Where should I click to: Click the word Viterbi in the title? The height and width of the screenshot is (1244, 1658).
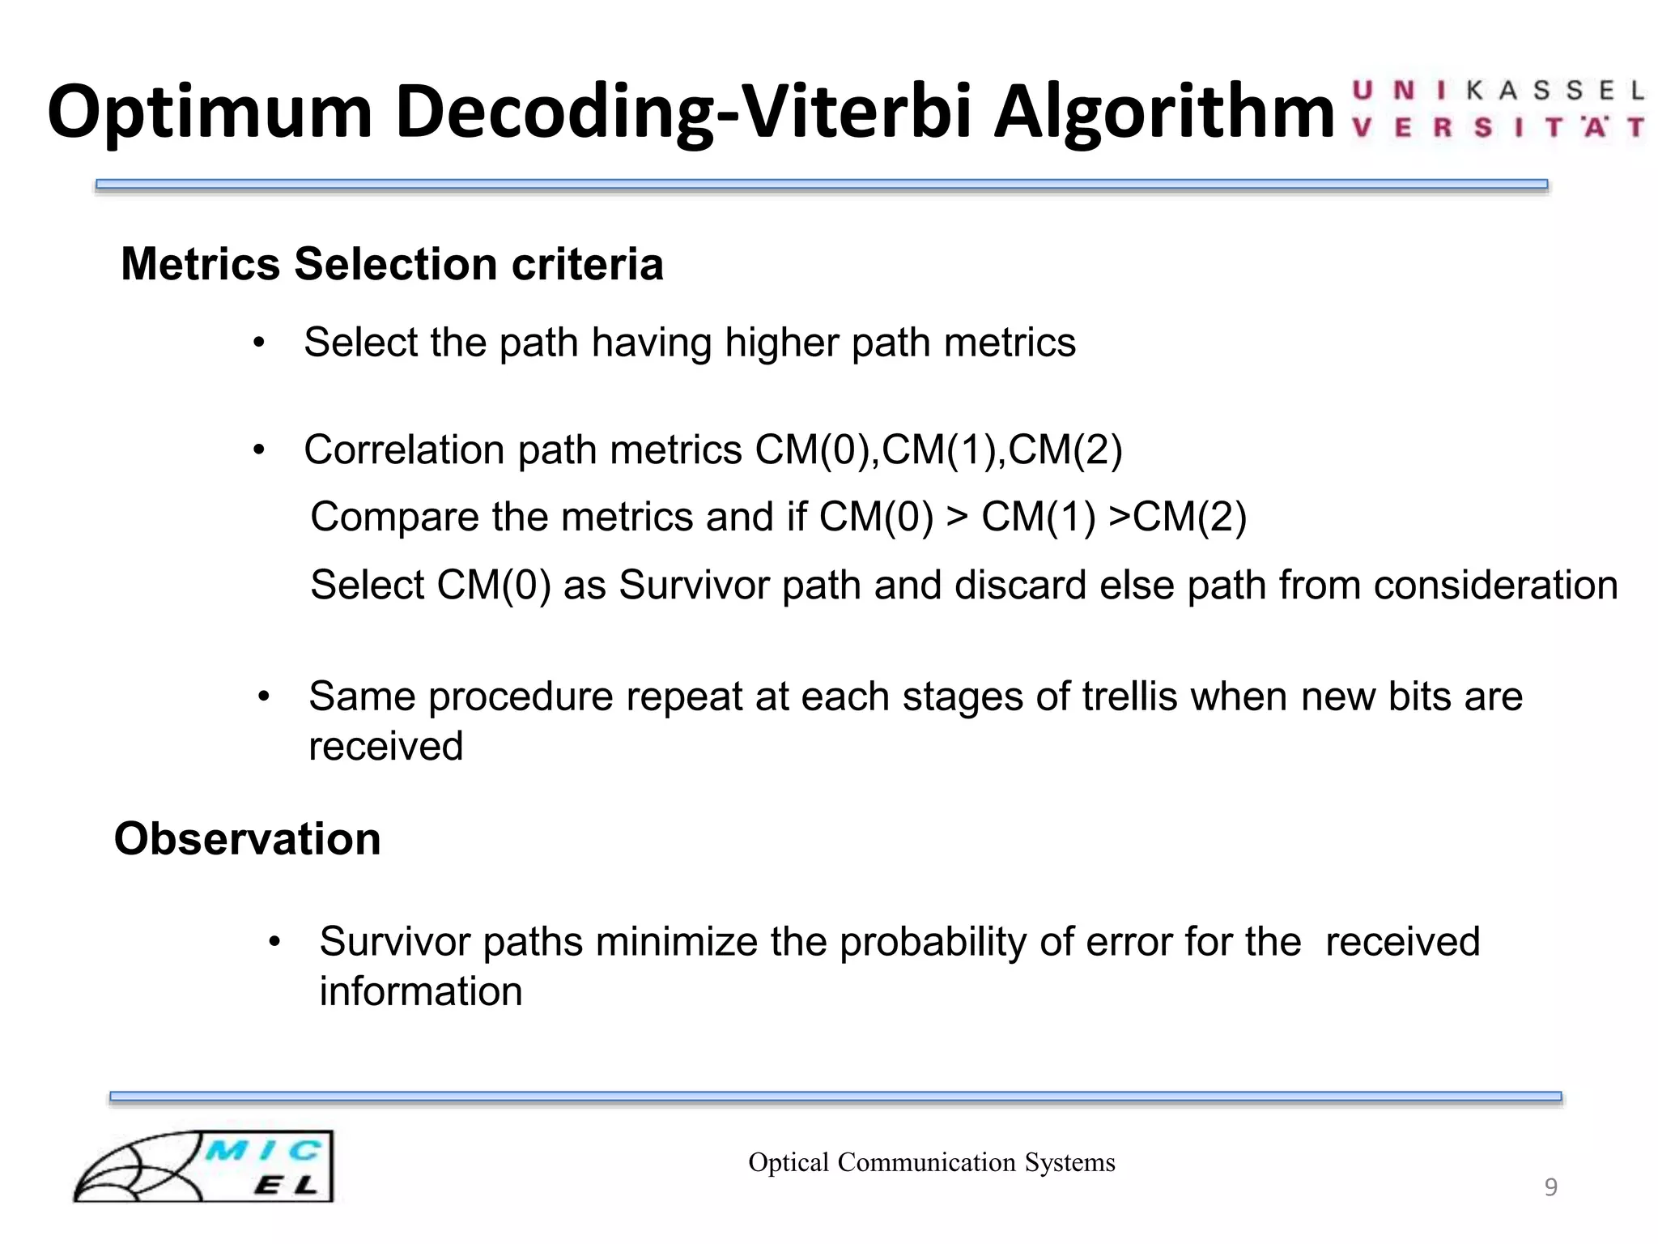857,111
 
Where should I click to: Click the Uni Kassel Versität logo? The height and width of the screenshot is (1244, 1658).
1497,109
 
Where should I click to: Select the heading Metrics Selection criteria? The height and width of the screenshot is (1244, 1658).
392,264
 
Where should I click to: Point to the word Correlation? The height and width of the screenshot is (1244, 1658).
404,449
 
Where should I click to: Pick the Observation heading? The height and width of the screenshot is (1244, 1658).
247,838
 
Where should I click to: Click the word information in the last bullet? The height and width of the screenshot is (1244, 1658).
421,992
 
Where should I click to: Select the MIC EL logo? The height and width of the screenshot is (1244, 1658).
204,1166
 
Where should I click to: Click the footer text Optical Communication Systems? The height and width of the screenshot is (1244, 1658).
931,1162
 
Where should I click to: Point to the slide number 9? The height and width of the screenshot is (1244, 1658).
1550,1187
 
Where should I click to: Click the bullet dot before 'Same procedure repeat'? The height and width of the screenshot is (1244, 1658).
264,697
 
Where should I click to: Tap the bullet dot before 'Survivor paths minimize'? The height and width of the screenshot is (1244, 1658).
274,942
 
